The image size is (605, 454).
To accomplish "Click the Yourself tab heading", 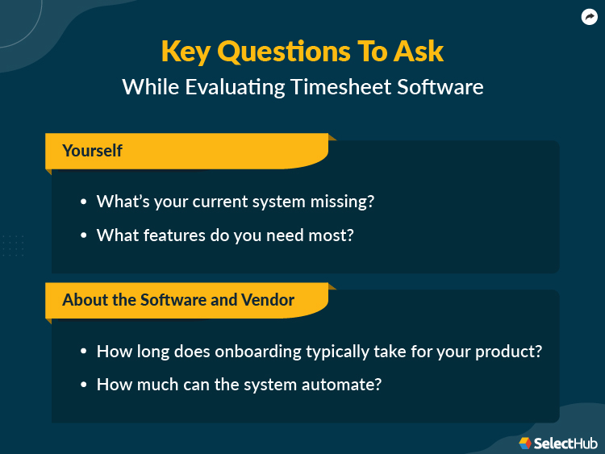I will pos(92,151).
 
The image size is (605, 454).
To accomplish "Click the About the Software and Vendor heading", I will pos(178,300).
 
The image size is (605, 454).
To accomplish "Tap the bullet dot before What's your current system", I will pos(84,202).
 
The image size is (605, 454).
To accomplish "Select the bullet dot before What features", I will pos(84,235).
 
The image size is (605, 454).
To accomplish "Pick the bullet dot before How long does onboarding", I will pos(84,352).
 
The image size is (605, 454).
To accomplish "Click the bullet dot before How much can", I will pos(84,385).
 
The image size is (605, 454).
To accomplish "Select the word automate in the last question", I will pos(348,385).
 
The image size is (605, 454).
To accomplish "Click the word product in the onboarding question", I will pos(511,352).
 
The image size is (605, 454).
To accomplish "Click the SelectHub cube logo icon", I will pos(525,443).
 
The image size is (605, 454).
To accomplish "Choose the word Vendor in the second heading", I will pos(268,300).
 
